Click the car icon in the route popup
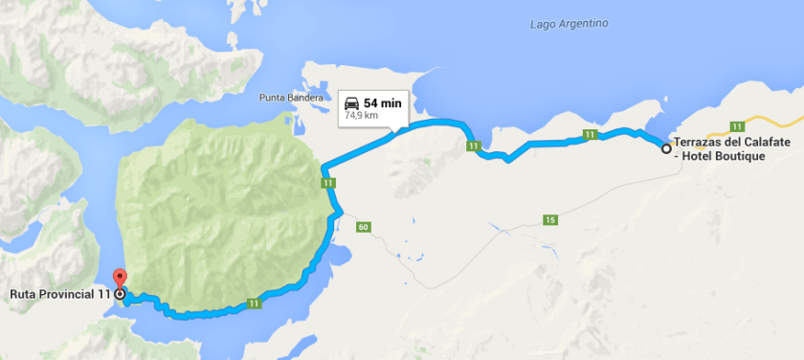(x=351, y=102)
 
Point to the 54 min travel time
(x=383, y=102)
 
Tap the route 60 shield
(x=362, y=227)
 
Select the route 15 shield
(x=549, y=220)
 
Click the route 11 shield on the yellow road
(x=737, y=126)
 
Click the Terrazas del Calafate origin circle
(x=666, y=147)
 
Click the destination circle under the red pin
(x=119, y=294)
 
